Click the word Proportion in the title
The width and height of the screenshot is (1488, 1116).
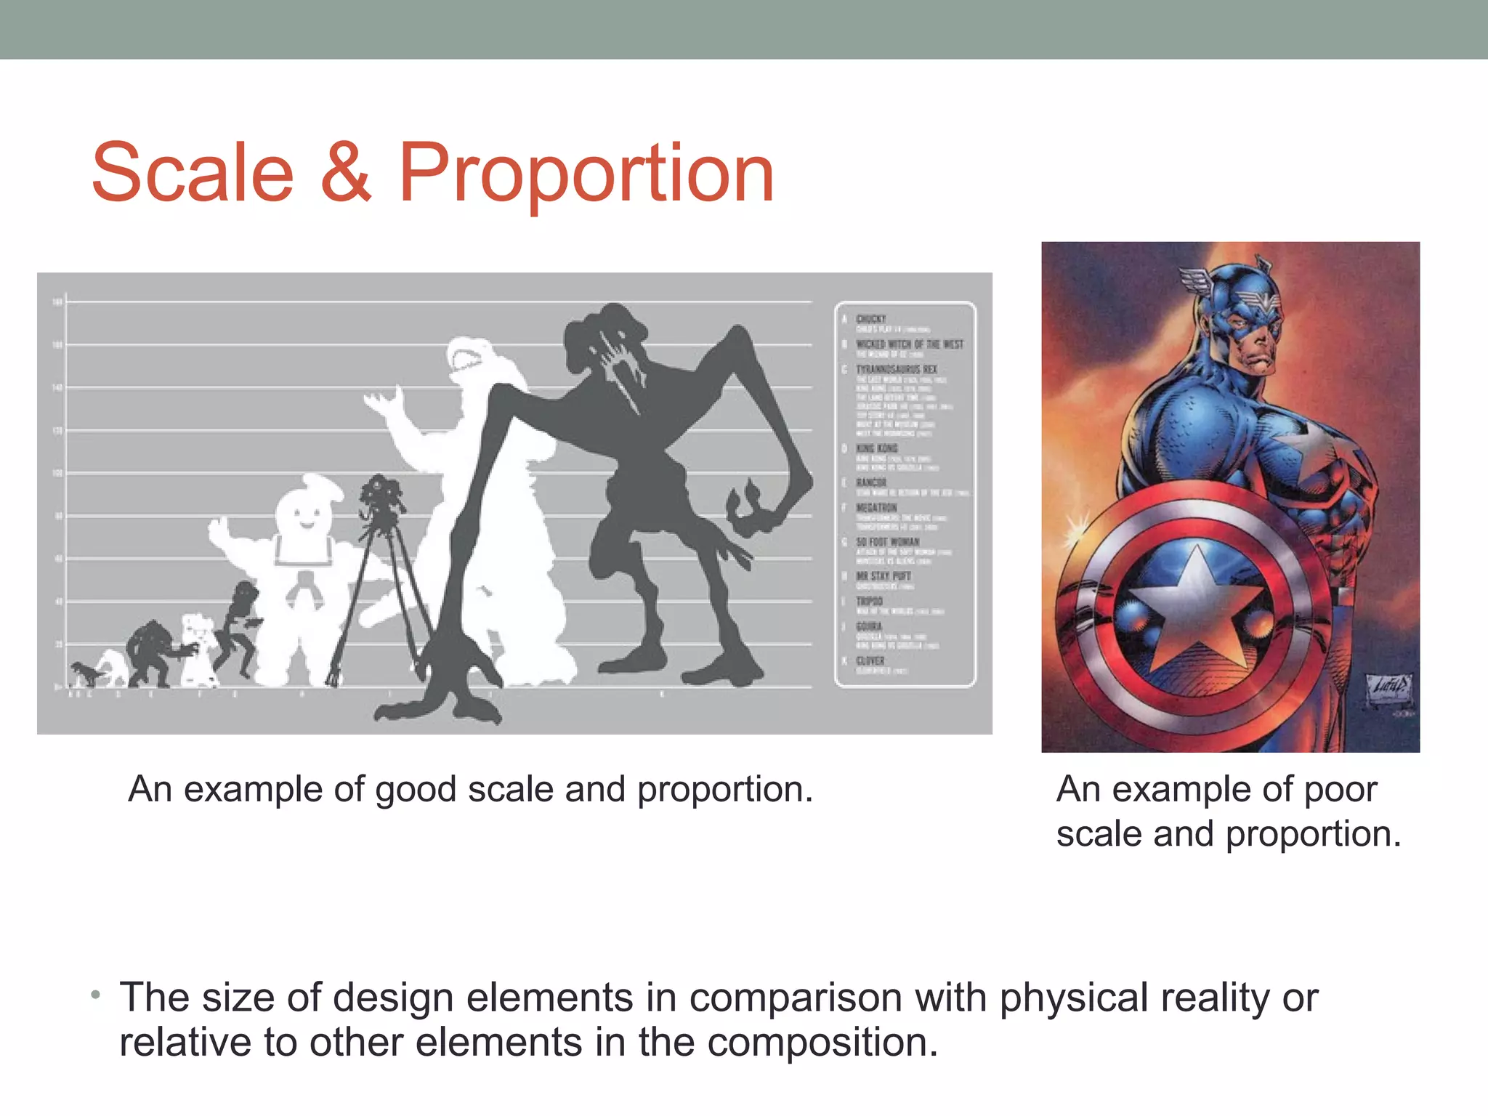tap(586, 174)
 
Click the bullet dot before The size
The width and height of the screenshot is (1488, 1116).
tap(96, 994)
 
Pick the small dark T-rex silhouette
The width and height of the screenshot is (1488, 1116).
tap(86, 673)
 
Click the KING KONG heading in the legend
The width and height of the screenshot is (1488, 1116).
tap(877, 448)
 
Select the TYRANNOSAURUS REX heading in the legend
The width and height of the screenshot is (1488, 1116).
tap(896, 370)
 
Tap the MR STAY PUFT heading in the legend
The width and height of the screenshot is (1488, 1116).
tap(883, 576)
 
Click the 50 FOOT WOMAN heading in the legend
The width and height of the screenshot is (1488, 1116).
tap(887, 542)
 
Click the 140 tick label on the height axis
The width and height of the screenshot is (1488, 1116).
tap(57, 388)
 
